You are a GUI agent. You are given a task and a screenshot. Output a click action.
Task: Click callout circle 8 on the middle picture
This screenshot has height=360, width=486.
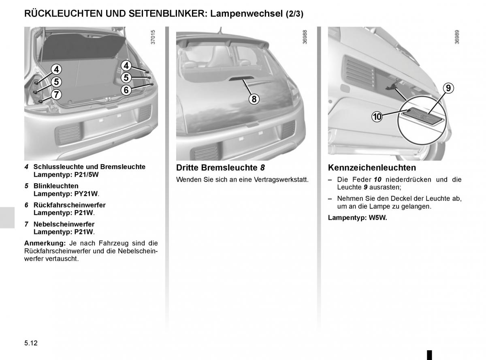click(x=254, y=99)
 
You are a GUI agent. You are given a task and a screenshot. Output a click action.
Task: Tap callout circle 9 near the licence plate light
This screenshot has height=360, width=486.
click(x=448, y=88)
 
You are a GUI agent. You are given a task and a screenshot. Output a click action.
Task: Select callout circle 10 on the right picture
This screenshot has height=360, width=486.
click(x=377, y=116)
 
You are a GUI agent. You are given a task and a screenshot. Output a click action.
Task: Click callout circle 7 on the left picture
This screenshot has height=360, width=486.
click(x=57, y=95)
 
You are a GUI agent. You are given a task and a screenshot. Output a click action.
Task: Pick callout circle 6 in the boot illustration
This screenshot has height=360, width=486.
click(x=126, y=90)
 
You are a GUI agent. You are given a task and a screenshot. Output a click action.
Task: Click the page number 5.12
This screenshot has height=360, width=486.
click(x=31, y=343)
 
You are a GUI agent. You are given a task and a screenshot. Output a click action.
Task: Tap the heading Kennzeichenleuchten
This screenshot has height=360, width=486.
click(x=372, y=167)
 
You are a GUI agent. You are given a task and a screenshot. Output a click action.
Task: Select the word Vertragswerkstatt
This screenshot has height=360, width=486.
click(x=281, y=180)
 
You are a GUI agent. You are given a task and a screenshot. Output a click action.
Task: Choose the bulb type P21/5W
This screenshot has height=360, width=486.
click(x=87, y=175)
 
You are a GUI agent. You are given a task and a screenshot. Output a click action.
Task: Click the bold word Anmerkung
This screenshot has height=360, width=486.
click(x=45, y=243)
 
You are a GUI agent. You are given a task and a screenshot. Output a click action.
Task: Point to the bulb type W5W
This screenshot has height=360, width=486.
click(x=378, y=218)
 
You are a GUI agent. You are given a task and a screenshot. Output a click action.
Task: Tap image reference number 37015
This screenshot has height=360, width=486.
click(x=153, y=37)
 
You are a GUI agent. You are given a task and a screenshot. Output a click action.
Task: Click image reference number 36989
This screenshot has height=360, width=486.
click(x=457, y=37)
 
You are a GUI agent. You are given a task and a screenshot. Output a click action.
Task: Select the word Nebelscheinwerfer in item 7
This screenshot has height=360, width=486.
click(x=64, y=224)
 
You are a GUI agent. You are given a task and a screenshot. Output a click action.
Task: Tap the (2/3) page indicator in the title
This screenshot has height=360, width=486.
click(x=294, y=14)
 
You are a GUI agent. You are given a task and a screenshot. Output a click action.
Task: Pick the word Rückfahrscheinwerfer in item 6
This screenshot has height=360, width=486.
click(x=70, y=205)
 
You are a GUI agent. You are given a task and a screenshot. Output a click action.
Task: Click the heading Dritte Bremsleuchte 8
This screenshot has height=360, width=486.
click(x=220, y=167)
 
